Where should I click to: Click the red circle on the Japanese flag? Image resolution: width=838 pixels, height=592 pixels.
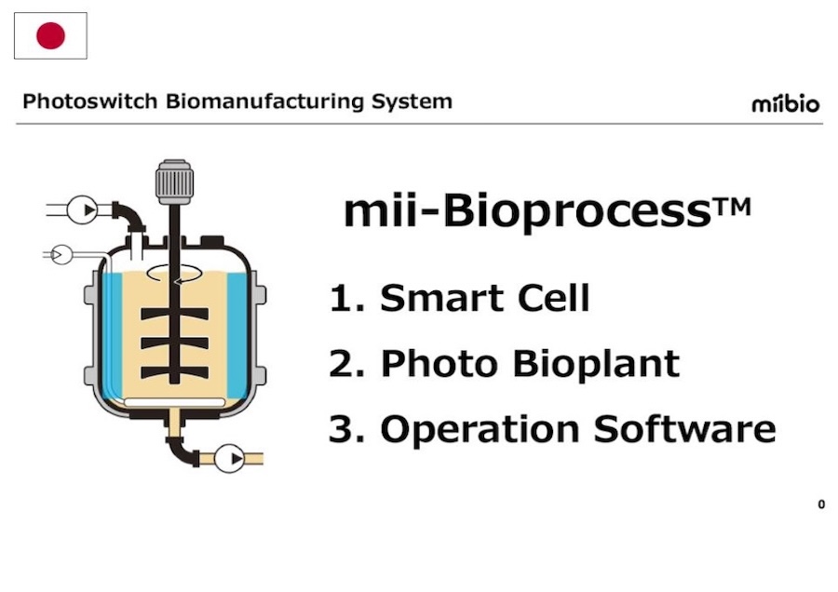[x=50, y=36]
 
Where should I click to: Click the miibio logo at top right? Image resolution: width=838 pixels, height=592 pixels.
[x=786, y=103]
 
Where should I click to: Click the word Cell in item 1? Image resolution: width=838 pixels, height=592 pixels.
[x=550, y=298]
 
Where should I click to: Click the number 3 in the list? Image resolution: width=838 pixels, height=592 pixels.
[x=341, y=429]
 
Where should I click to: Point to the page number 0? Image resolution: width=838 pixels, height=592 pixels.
[x=821, y=505]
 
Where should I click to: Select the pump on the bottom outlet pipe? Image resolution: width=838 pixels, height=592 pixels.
[x=230, y=458]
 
